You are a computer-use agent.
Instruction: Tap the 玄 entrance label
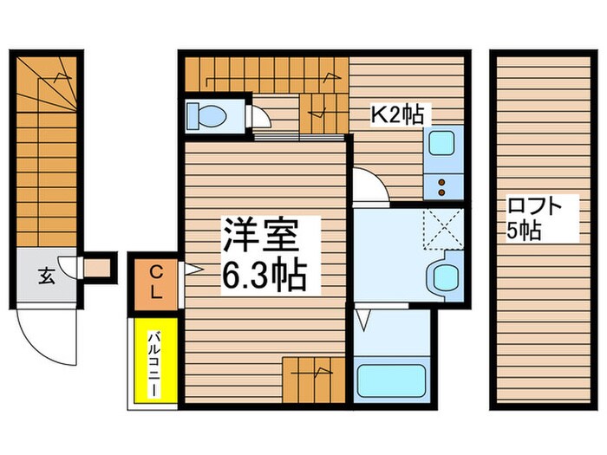(45, 276)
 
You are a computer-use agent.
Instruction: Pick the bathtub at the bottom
(392, 379)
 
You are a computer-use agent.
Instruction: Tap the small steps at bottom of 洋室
(314, 378)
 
